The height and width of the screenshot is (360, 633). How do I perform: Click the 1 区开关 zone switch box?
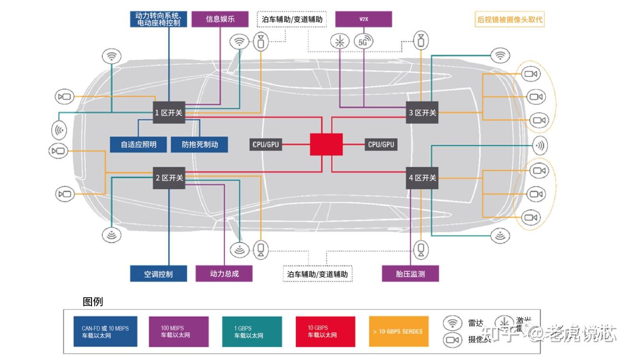click(169, 113)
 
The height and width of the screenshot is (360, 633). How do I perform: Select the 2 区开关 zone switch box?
click(169, 178)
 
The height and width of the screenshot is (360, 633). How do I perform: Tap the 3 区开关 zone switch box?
click(422, 113)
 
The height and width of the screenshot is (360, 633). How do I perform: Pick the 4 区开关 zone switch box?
click(422, 178)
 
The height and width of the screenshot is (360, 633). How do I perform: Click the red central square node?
click(326, 144)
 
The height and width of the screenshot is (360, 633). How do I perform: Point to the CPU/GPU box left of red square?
click(266, 144)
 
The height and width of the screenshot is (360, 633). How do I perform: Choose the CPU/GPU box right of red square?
click(381, 144)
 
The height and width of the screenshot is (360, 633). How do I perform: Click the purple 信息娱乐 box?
click(220, 19)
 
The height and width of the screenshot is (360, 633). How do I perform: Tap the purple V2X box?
click(363, 19)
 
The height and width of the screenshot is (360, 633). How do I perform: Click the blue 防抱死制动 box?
click(199, 144)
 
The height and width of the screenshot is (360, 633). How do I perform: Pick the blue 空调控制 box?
click(158, 274)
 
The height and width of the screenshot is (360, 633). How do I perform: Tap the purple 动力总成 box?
click(224, 274)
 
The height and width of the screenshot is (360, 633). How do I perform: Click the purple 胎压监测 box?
click(410, 274)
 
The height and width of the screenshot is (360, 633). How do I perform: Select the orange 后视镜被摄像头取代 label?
click(510, 20)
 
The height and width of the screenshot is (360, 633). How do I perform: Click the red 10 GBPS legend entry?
click(325, 331)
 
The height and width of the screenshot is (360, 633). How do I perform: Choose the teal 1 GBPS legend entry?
click(252, 331)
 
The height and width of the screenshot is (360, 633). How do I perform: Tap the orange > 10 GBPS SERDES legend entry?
click(398, 331)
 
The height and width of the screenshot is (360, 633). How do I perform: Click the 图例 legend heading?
click(93, 302)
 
